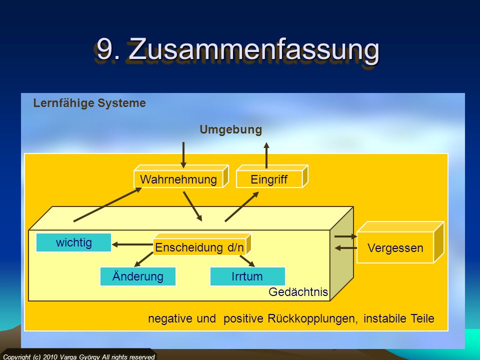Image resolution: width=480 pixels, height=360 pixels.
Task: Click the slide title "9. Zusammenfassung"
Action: [238, 49]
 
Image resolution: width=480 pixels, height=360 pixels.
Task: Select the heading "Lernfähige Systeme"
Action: [89, 103]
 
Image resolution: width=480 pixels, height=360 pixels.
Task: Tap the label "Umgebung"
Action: [231, 129]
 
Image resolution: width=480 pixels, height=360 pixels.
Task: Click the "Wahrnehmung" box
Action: [181, 176]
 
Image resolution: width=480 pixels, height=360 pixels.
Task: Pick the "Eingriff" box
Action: [272, 176]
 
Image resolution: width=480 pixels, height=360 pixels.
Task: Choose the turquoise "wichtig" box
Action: [74, 242]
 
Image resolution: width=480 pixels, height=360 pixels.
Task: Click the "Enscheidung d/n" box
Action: [201, 244]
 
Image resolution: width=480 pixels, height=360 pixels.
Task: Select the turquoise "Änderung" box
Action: [138, 276]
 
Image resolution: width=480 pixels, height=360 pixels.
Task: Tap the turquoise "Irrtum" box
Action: [247, 276]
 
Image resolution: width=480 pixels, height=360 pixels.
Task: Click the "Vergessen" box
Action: [400, 242]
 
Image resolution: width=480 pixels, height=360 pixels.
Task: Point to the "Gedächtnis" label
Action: [298, 291]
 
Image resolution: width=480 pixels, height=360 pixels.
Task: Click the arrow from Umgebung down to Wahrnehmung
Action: [183, 155]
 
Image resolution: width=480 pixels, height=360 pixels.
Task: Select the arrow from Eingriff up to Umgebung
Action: [266, 155]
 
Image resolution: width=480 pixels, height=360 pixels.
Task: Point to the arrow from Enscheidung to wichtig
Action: [132, 244]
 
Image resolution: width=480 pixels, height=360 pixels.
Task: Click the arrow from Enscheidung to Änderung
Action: [143, 259]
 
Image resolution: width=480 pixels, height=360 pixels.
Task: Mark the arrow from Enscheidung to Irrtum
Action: [247, 261]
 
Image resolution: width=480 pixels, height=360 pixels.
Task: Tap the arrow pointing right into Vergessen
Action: [345, 236]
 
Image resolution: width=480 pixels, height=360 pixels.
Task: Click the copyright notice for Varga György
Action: [79, 357]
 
